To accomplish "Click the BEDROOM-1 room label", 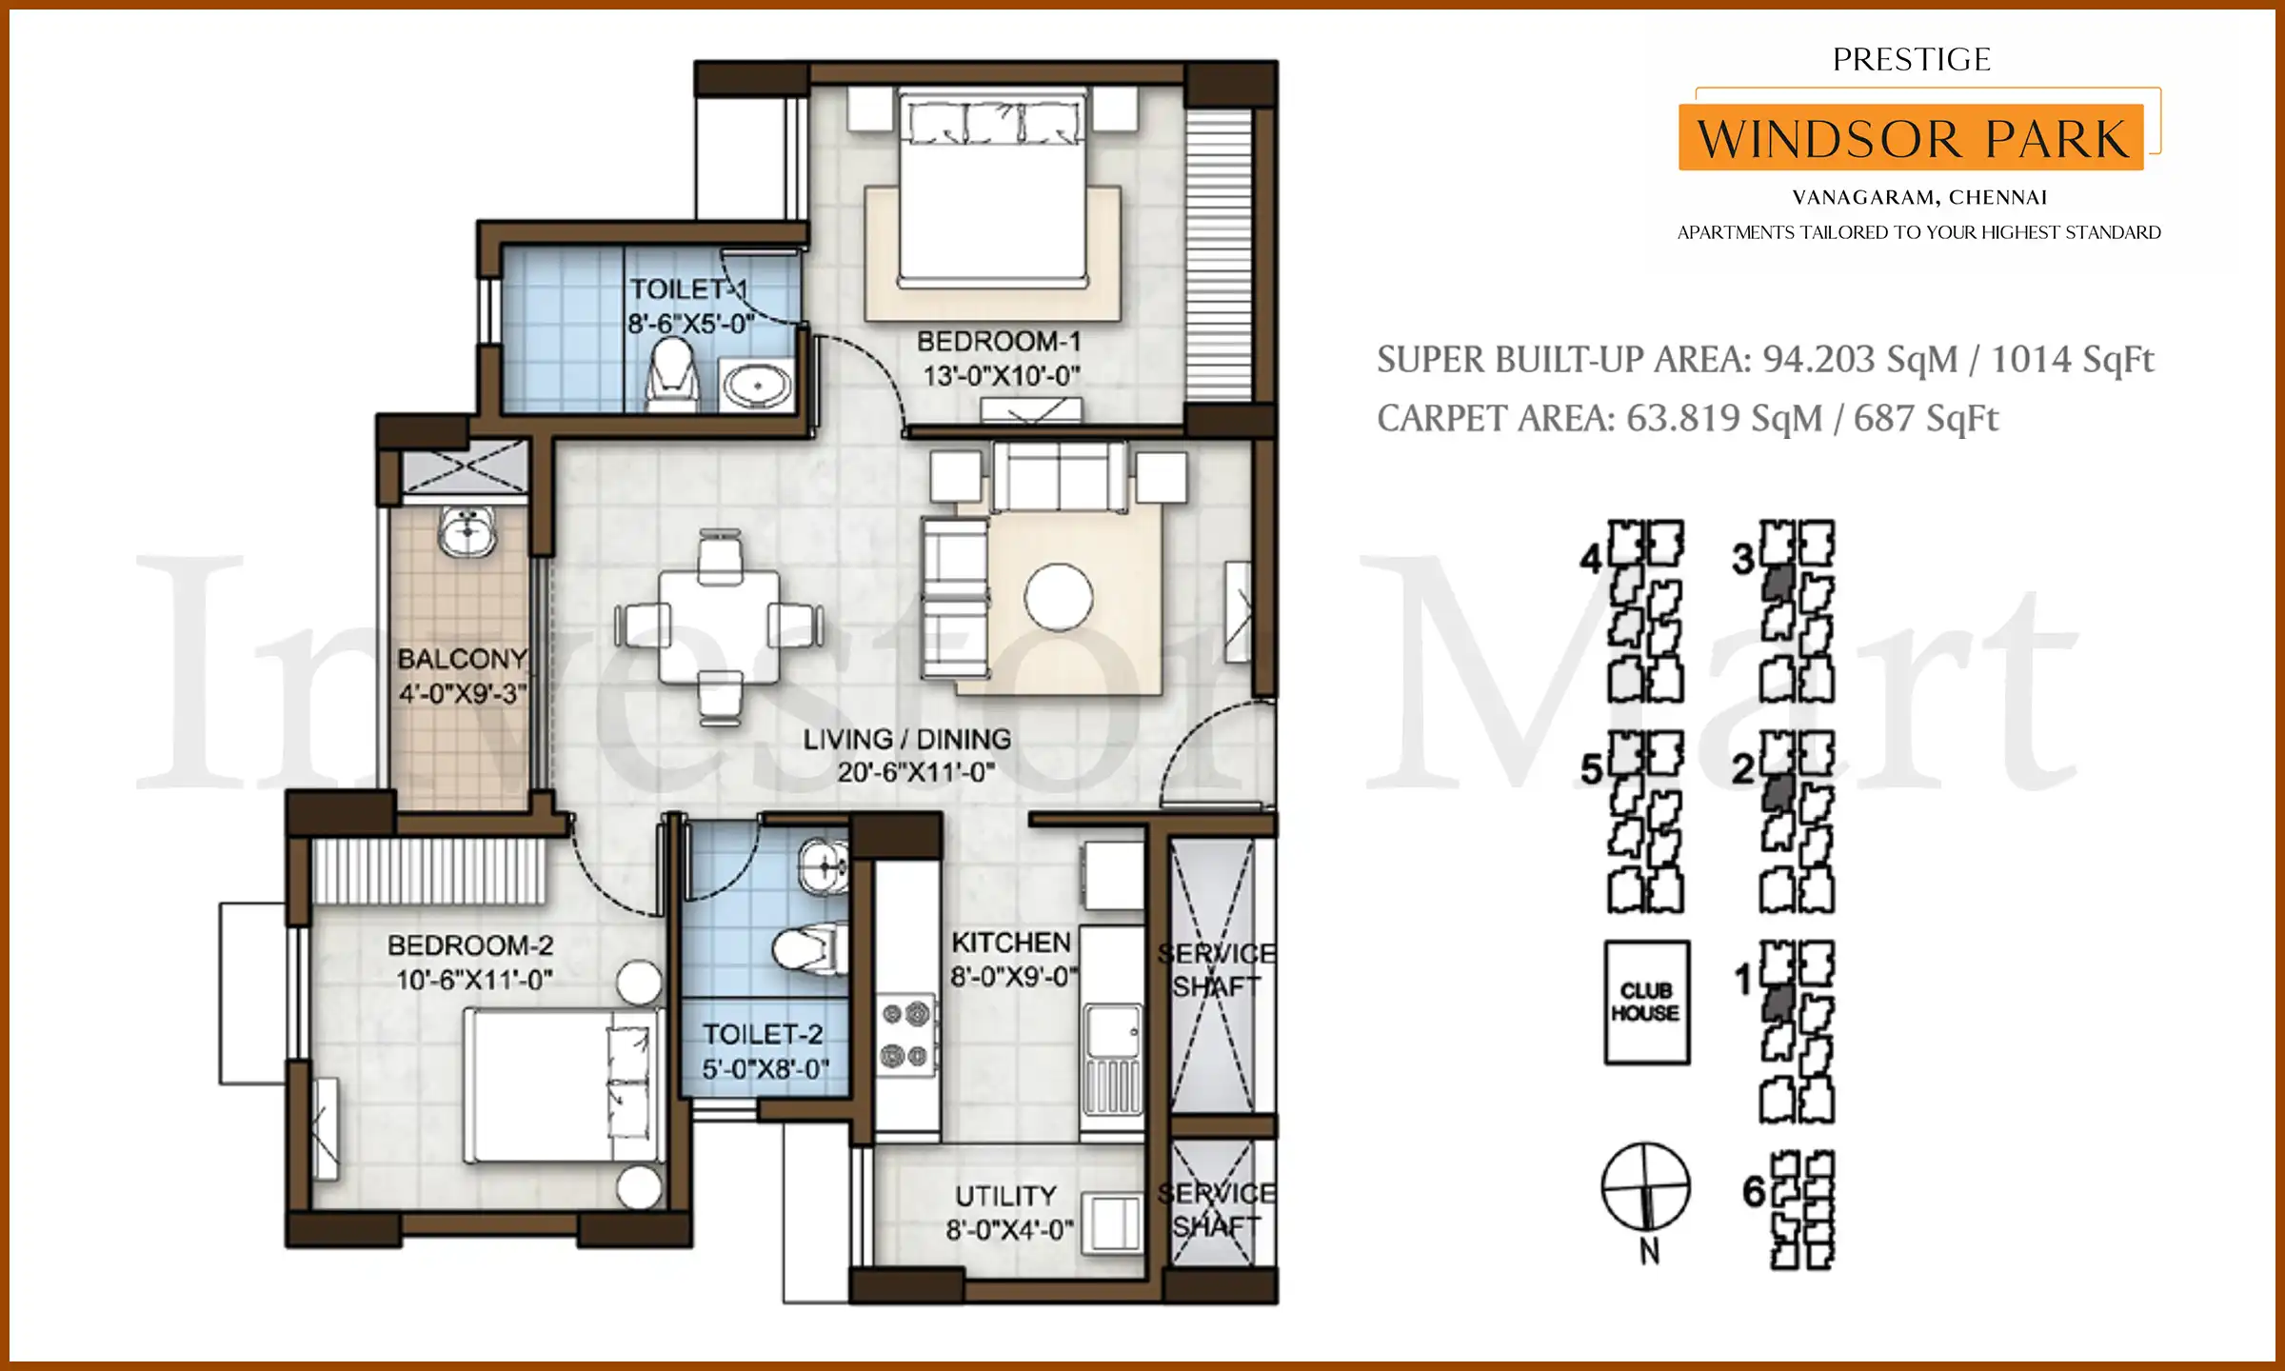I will [999, 341].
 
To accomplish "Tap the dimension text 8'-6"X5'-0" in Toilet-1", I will [690, 324].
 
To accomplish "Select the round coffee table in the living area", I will [1058, 597].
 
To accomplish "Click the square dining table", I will [719, 626].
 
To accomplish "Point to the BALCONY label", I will [462, 659].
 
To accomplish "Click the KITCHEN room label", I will [1011, 942].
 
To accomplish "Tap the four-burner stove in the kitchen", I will [905, 1034].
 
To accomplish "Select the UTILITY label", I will [1005, 1196].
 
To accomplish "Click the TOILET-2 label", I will [762, 1034].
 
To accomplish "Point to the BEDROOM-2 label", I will [470, 945].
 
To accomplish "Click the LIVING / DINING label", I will [906, 740].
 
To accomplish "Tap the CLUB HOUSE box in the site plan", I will [1646, 1002].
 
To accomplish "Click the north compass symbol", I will [1645, 1188].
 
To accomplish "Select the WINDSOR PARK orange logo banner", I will [1911, 139].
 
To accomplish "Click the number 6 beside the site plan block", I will [1754, 1191].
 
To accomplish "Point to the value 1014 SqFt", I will [2072, 359].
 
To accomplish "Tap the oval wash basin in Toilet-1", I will [757, 386].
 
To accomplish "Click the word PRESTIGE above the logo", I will [1911, 60].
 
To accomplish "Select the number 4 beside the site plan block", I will [1590, 559].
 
